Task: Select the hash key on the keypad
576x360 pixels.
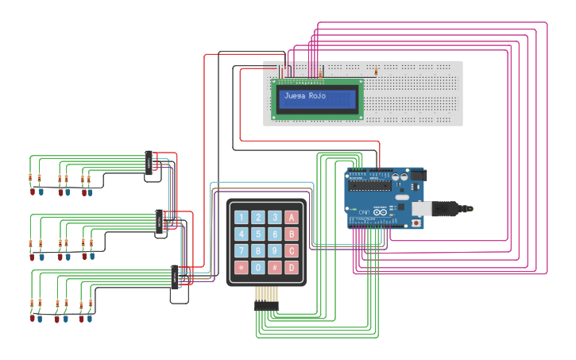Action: click(x=275, y=268)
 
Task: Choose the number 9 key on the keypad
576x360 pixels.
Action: click(x=275, y=251)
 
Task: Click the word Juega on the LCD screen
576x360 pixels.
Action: click(x=295, y=95)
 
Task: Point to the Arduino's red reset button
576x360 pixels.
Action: click(x=416, y=223)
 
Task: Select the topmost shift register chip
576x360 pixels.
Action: click(x=149, y=163)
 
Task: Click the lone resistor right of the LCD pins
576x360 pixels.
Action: click(x=376, y=72)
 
